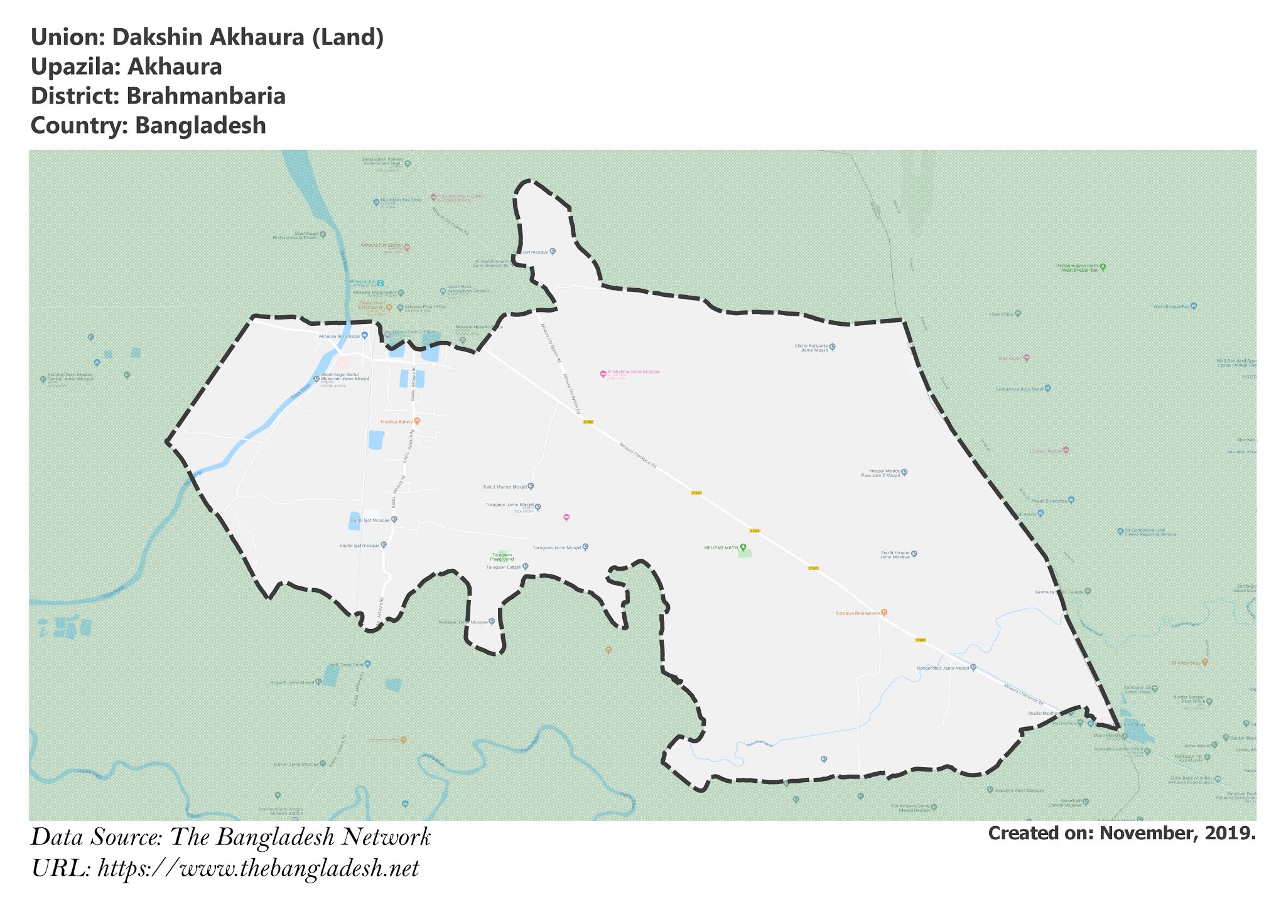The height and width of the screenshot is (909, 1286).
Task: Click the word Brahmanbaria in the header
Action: coord(206,96)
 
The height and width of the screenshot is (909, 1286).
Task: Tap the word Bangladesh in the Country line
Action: coord(200,126)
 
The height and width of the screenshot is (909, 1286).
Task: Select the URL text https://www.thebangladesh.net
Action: coord(258,869)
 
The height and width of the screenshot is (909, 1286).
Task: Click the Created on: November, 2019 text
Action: coord(1121,833)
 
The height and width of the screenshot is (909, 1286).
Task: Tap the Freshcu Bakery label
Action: coord(396,422)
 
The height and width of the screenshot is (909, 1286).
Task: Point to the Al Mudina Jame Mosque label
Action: coord(633,372)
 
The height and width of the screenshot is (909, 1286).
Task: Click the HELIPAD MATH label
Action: coord(721,547)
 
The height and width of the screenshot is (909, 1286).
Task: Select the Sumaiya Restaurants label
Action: coord(857,613)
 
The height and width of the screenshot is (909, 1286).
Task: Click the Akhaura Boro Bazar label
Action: coord(339,336)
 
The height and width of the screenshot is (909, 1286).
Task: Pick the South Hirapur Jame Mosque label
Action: coord(894,555)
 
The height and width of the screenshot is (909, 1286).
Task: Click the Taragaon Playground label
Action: coord(502,557)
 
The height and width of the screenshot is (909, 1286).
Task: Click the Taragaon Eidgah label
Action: coord(504,567)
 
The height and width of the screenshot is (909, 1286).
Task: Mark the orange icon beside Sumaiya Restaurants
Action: coord(884,612)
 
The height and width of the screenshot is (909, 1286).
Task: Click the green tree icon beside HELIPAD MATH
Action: coord(743,547)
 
